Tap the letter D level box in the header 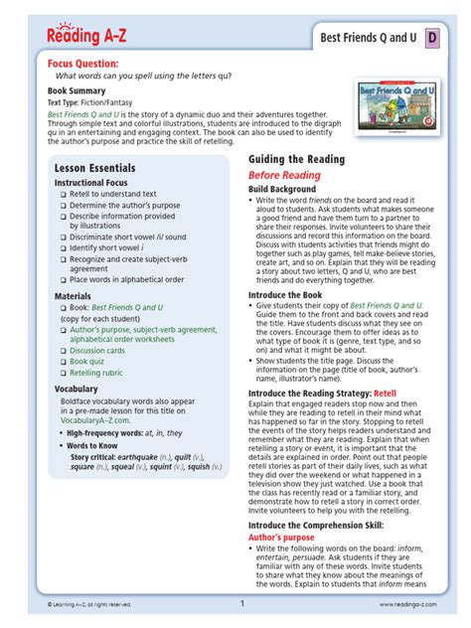pyautogui.click(x=432, y=39)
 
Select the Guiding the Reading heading pyautogui.click(x=296, y=159)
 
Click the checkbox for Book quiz pyautogui.click(x=63, y=362)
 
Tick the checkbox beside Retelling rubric pyautogui.click(x=63, y=375)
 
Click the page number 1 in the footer pyautogui.click(x=241, y=603)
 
